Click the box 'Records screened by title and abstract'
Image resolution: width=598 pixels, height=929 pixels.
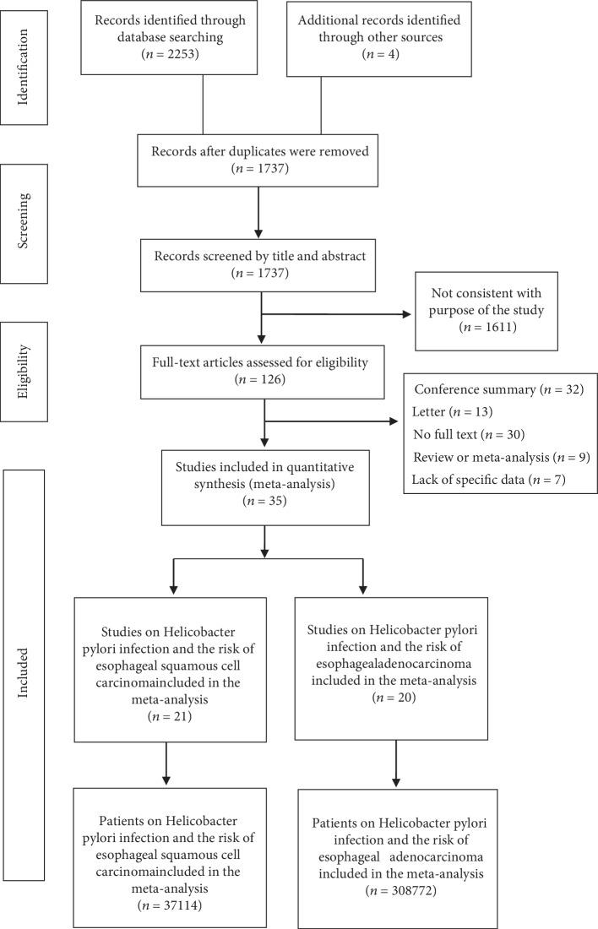click(264, 273)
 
